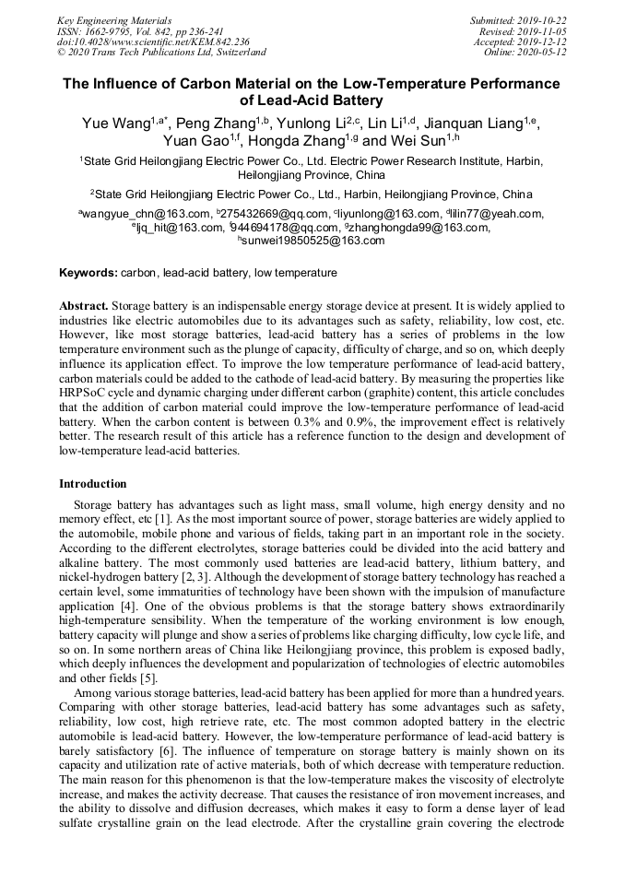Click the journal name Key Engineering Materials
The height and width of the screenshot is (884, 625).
(114, 19)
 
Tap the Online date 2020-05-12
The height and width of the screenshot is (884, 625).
(542, 53)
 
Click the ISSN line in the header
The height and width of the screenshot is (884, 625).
(139, 30)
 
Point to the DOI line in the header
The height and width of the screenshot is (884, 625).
(153, 41)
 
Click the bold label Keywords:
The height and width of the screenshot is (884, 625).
(88, 273)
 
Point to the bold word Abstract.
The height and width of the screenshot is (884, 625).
(84, 305)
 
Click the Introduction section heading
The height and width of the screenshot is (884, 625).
(93, 483)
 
